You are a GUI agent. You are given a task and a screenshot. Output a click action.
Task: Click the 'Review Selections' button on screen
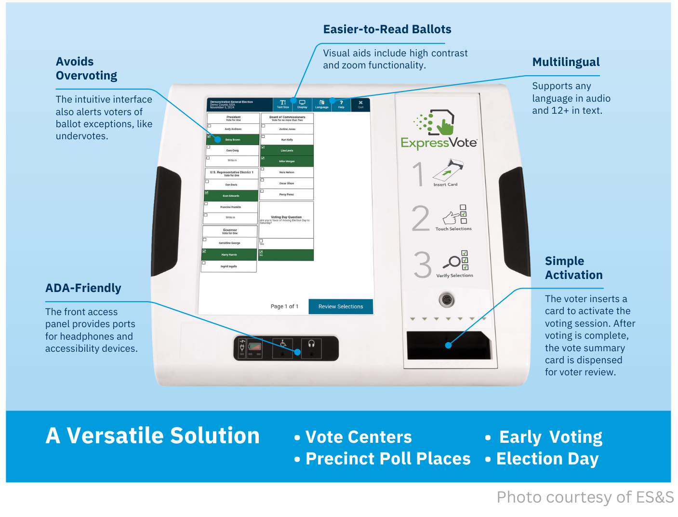coord(340,306)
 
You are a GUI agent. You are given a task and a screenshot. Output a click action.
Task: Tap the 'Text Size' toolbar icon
coord(283,104)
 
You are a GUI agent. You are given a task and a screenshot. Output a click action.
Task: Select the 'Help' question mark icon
coord(341,104)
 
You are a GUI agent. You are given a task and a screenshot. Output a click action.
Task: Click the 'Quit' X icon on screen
coord(360,104)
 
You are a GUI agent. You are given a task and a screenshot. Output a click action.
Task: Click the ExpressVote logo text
coord(439,143)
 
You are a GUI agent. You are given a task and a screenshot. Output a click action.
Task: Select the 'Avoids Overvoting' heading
coord(86,68)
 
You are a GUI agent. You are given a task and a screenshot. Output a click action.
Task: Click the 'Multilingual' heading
coord(566,62)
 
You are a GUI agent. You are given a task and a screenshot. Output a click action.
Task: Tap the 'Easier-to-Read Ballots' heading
coord(387,29)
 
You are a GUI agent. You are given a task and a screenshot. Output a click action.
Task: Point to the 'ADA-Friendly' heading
coord(83,288)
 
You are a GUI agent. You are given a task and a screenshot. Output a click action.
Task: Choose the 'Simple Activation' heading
coord(573,268)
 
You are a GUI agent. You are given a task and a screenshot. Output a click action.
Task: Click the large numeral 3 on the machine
coord(422,265)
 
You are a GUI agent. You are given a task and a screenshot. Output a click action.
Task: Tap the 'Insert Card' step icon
coord(448,172)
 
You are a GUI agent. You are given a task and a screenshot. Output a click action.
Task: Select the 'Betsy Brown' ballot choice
coord(233,140)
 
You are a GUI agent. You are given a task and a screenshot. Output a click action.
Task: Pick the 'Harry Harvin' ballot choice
coord(229,254)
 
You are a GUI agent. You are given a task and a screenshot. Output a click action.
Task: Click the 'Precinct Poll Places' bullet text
coord(388,459)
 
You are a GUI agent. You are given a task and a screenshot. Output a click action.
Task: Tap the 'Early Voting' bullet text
coord(550,437)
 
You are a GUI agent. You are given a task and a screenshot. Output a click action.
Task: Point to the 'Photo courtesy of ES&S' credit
coord(585,497)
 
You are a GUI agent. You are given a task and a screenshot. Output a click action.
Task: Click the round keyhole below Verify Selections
coord(447,300)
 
